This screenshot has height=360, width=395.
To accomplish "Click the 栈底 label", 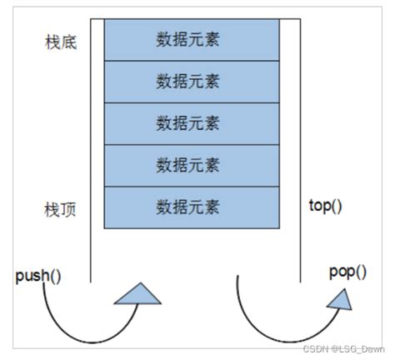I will (x=62, y=41).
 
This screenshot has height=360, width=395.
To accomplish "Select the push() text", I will (x=37, y=274).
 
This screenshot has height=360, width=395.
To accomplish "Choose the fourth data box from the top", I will (x=191, y=163).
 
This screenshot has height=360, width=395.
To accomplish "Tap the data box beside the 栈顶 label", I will (x=191, y=205).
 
